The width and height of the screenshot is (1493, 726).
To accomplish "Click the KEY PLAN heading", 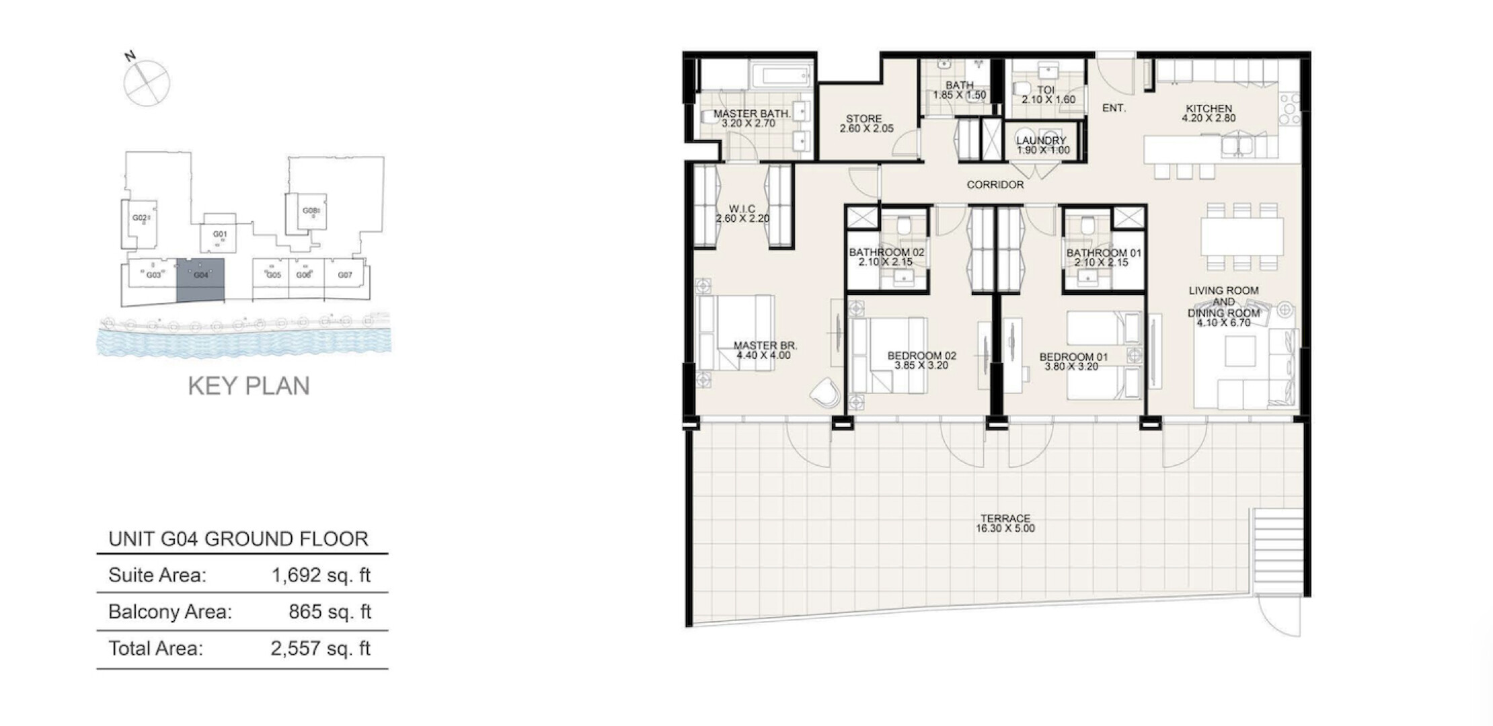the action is (x=249, y=386).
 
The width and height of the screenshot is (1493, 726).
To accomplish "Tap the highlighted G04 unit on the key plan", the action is (x=200, y=280).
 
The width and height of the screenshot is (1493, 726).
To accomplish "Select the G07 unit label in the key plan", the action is (x=345, y=275).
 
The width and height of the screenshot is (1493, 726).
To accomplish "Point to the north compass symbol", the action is (x=146, y=81).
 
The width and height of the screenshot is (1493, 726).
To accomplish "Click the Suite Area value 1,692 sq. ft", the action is (x=321, y=575).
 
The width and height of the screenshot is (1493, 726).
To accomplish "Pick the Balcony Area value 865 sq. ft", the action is (x=330, y=612).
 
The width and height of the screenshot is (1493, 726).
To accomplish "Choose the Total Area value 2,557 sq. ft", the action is (x=321, y=649).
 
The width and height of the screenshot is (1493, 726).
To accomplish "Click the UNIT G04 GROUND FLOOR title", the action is (x=239, y=539).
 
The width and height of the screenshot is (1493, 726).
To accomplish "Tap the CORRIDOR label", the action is (x=995, y=185).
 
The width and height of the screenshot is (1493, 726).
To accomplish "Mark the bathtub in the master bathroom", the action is (x=780, y=75).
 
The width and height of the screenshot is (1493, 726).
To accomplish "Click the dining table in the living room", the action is (x=1241, y=235).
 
